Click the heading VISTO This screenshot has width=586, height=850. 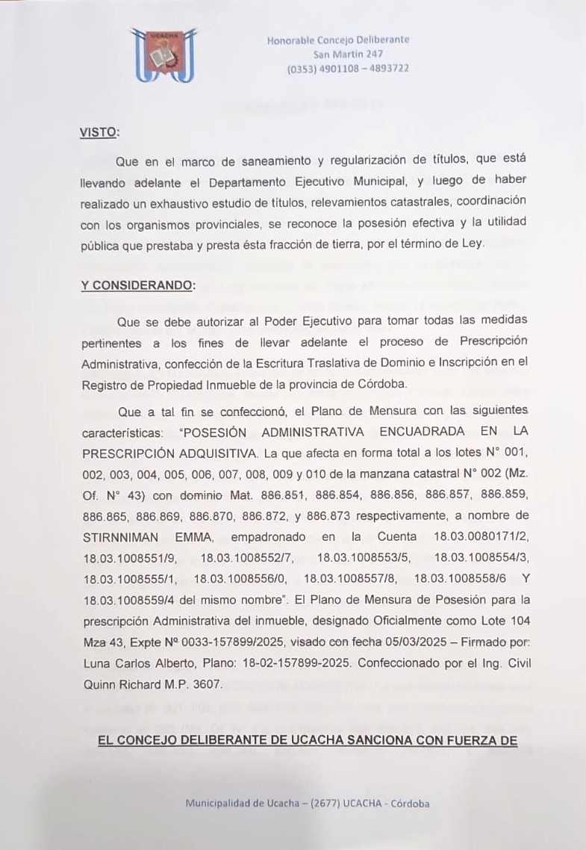point(99,132)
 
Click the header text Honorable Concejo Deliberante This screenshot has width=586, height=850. point(338,40)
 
